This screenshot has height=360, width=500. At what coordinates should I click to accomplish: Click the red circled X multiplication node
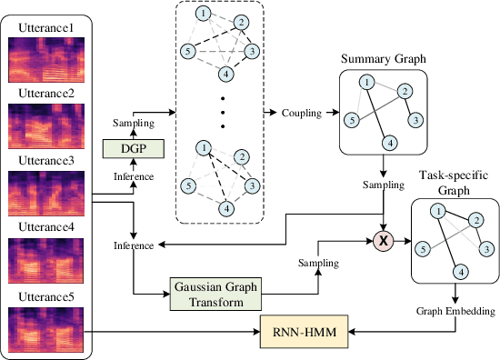pos(383,241)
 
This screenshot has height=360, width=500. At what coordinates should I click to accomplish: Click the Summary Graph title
pos(383,59)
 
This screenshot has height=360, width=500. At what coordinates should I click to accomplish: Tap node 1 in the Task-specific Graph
pos(437,212)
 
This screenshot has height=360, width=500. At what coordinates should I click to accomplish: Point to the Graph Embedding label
pos(455,311)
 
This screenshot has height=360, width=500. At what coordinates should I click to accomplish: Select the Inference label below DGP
pos(134,175)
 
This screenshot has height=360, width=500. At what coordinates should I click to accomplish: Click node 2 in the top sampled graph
pos(240,22)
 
